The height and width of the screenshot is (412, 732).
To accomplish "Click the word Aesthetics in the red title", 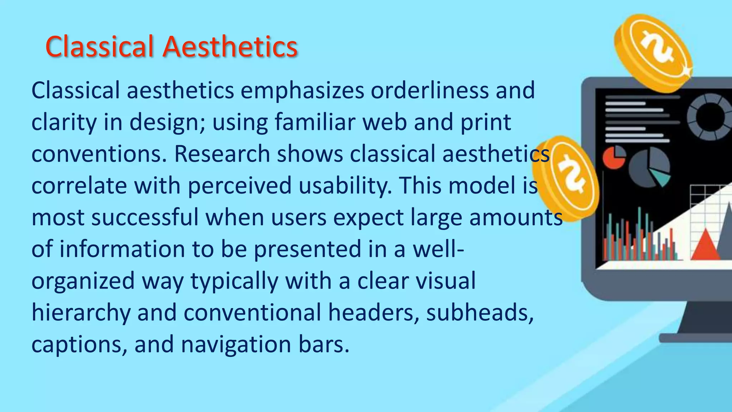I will coord(230,46).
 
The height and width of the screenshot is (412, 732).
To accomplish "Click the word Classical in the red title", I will coord(99,46).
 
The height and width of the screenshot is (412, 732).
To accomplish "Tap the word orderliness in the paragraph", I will coord(429,90).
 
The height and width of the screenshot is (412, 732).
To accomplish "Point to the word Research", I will coord(222,154).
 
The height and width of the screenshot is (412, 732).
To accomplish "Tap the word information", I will coord(122,249).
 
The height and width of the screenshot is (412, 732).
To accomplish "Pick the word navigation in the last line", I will coord(236,344).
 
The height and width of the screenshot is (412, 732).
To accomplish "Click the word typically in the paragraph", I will coord(234,281).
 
